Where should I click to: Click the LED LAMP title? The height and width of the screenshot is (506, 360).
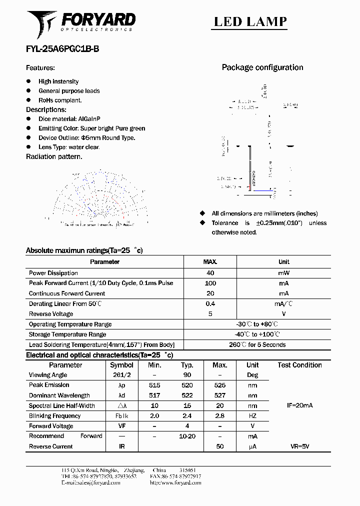point(250,21)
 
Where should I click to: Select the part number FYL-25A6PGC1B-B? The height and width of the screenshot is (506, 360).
point(65,49)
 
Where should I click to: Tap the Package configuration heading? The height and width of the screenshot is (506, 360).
point(262,67)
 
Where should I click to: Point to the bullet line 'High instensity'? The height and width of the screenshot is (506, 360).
point(58,81)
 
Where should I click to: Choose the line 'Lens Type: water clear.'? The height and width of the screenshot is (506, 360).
point(69,147)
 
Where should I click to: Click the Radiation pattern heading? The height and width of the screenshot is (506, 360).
point(54,156)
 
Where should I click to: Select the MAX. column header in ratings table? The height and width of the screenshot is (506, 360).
point(210,261)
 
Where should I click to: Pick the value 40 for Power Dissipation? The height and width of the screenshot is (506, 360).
point(210,273)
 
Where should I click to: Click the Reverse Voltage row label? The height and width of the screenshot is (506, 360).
point(51,314)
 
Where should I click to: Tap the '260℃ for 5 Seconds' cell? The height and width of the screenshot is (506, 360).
point(257,344)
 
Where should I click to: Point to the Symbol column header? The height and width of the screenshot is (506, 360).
point(121,365)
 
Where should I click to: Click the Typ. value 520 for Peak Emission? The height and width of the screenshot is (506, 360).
point(187,385)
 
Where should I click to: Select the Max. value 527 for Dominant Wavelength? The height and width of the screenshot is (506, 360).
point(219,395)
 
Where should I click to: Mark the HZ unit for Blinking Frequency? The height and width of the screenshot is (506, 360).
point(252,416)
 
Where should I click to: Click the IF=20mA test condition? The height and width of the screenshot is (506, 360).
point(299,405)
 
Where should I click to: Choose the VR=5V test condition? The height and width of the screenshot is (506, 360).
point(299,446)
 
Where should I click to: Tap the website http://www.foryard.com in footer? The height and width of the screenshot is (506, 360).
point(175,483)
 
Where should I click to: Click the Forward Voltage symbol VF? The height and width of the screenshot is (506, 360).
point(121,426)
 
